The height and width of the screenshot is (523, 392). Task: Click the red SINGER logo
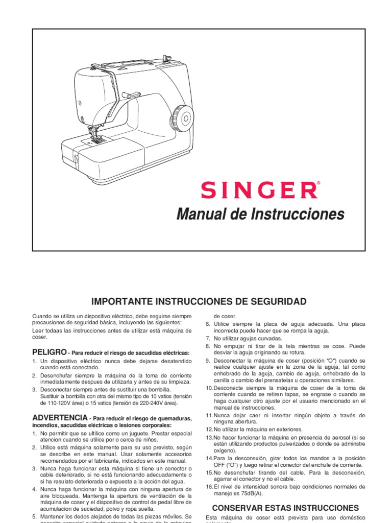(x=259, y=190)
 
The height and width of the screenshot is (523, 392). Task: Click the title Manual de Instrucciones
(x=260, y=213)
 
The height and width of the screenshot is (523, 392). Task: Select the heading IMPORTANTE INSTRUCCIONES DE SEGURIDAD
(x=199, y=301)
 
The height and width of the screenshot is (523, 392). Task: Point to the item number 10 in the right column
(x=209, y=388)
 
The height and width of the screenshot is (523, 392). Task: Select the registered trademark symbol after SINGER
(x=319, y=182)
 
